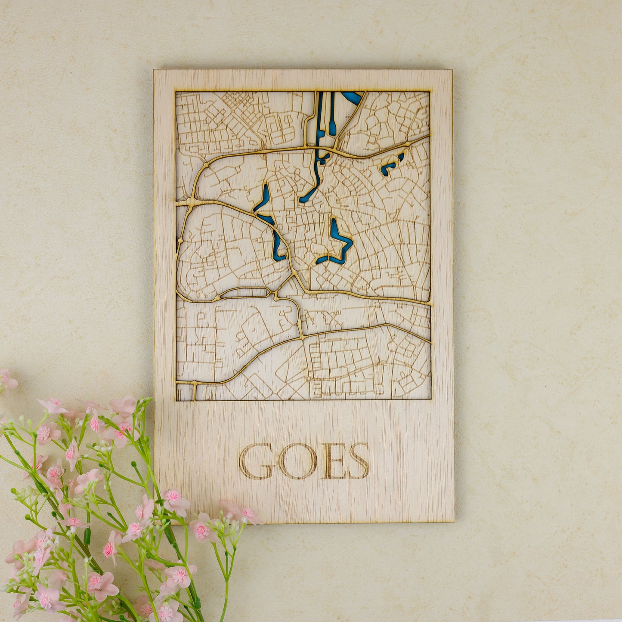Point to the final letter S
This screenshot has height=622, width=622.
[x=359, y=461]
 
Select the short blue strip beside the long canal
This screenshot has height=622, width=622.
[x=332, y=114]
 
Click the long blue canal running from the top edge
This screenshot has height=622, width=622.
[x=319, y=129]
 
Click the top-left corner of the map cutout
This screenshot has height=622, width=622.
[x=176, y=92]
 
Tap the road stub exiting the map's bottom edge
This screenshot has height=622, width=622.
[x=195, y=392]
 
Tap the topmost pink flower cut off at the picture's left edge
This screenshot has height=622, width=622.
[x=6, y=381]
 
